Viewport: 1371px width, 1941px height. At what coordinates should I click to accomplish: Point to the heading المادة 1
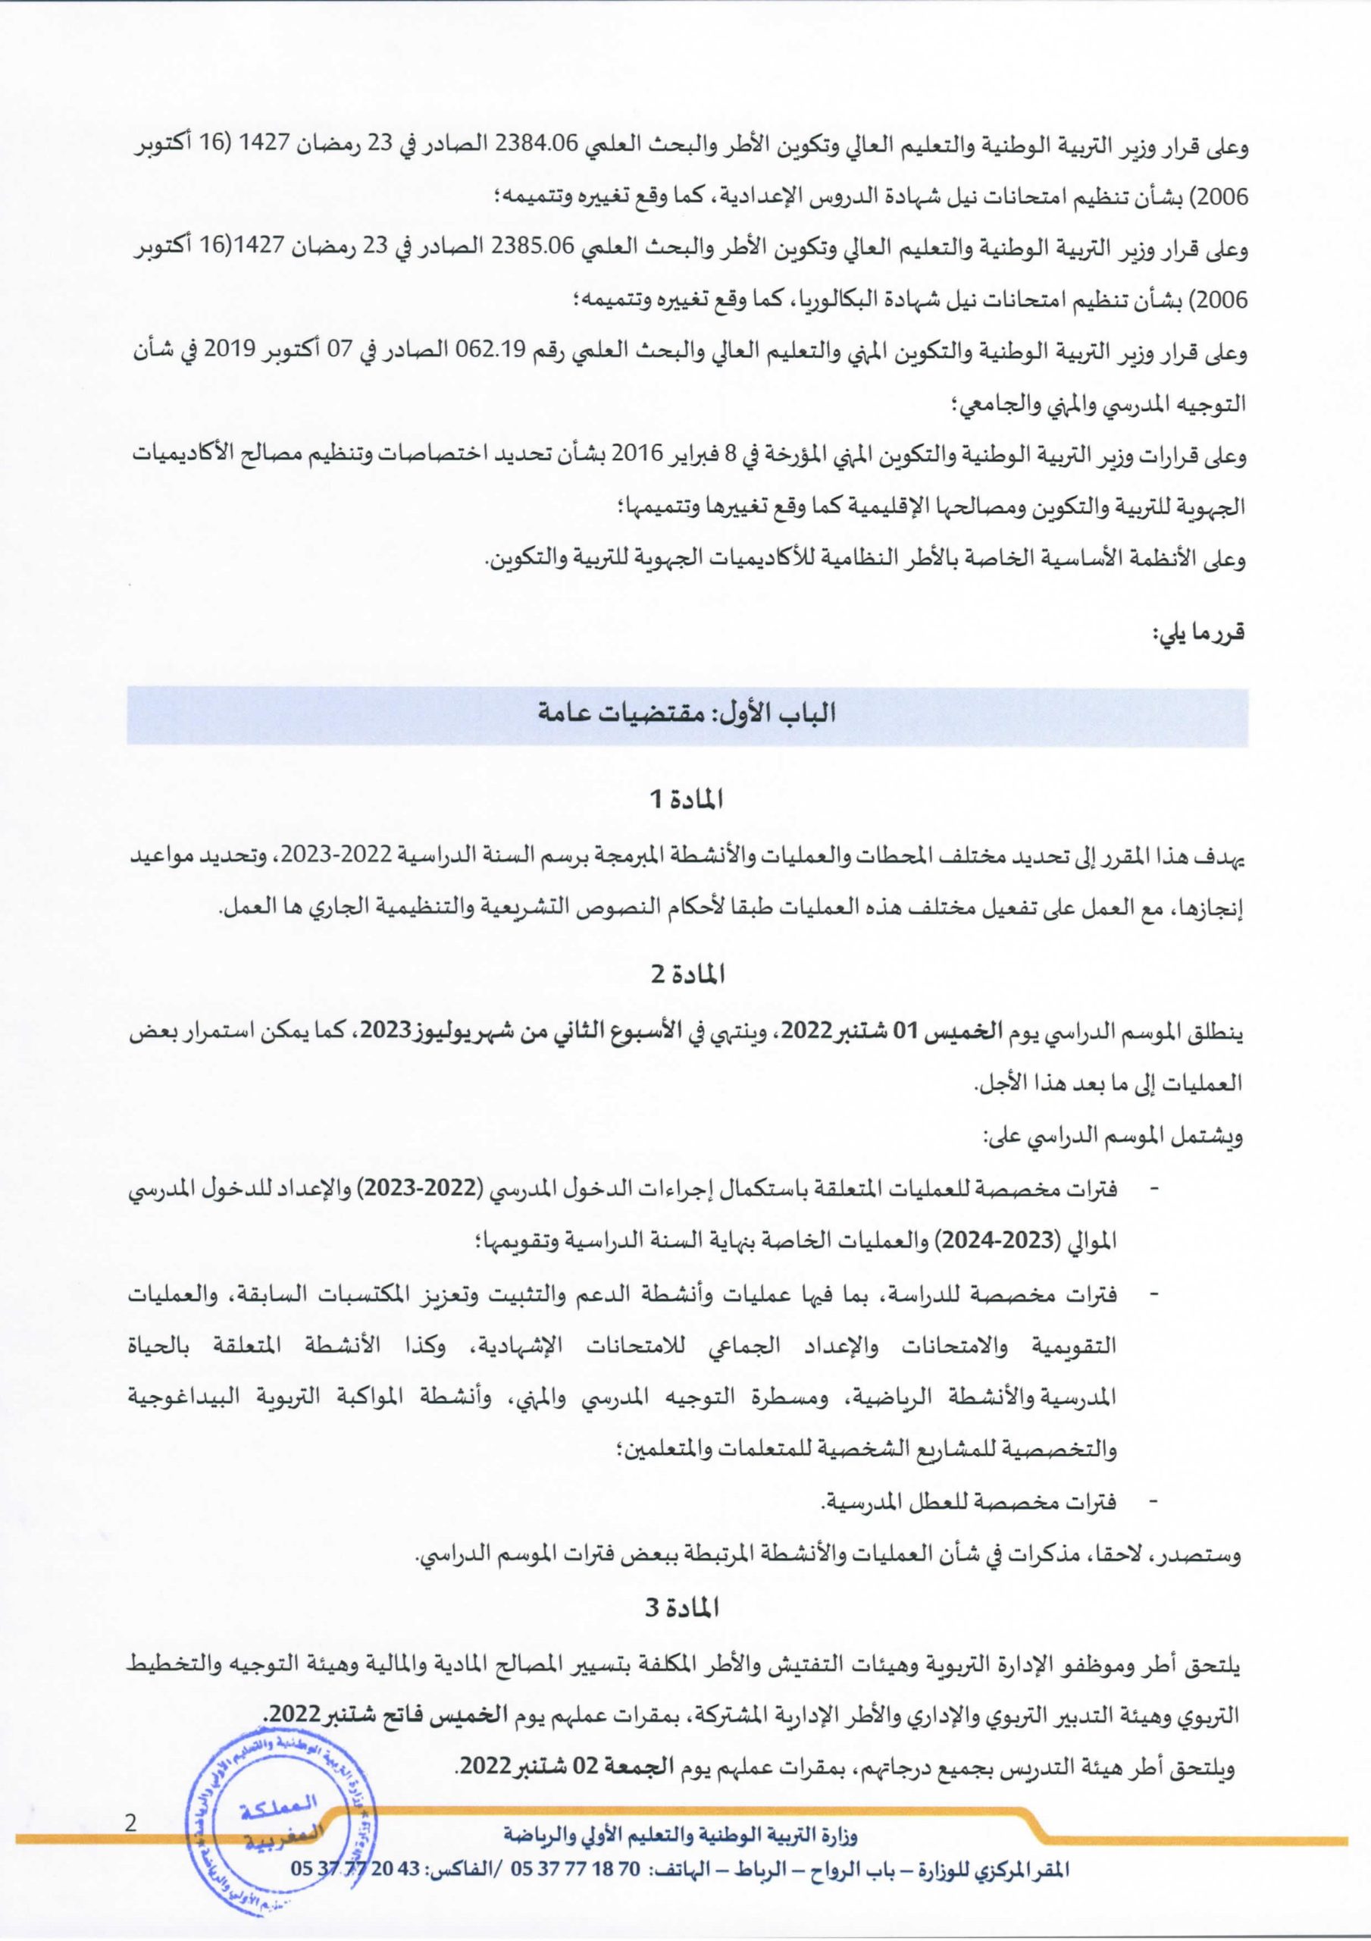click(x=687, y=799)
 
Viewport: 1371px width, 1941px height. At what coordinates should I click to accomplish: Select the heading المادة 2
click(x=687, y=975)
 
